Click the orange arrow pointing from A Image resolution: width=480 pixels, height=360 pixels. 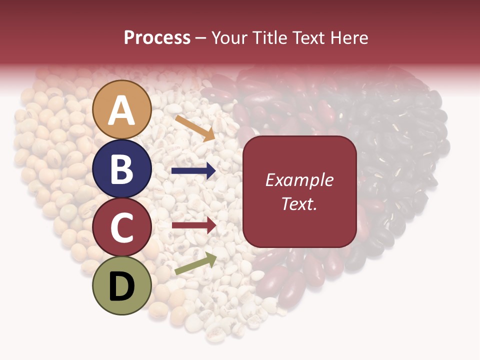pos(195,128)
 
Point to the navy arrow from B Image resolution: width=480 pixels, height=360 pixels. pos(193,171)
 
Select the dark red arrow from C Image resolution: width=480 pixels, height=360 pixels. pos(193,225)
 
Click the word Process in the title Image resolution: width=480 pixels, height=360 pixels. pos(157,38)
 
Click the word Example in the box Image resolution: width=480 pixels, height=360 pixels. pos(299,180)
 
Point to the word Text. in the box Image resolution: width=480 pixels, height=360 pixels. pos(299,203)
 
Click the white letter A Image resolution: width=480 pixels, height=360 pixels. pos(122,111)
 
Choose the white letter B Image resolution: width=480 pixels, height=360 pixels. pos(121,169)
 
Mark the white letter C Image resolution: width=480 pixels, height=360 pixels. pos(122,228)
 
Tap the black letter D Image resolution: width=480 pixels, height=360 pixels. pos(122,287)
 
